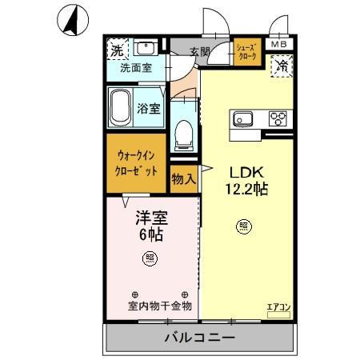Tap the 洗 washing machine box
click(117, 50)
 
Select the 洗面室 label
click(136, 70)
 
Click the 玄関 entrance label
click(199, 52)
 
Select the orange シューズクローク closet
click(246, 54)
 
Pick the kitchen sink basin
click(243, 120)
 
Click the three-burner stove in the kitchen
click(278, 120)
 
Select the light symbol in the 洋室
click(150, 258)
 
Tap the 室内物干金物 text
click(159, 306)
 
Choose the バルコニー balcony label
click(199, 338)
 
